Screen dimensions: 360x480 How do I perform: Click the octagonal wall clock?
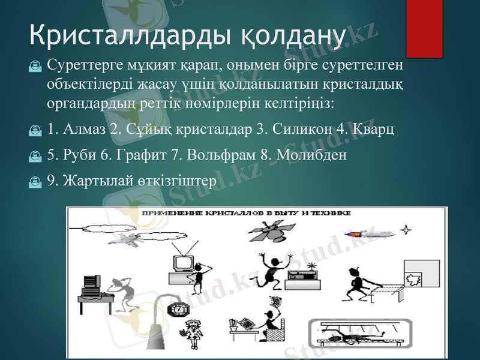[179, 310]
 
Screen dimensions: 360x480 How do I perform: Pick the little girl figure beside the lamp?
[194, 334]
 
